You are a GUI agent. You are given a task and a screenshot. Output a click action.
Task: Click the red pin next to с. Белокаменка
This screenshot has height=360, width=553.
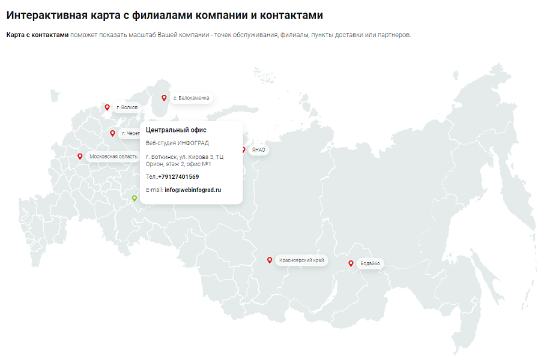(163, 97)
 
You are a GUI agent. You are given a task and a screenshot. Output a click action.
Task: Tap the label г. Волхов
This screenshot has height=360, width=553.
(127, 107)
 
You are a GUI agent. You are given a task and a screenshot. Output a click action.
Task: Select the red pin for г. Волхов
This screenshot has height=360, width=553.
(107, 107)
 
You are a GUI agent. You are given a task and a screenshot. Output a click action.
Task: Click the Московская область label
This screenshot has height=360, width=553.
(113, 157)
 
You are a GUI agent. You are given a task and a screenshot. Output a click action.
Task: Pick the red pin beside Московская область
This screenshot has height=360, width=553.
(80, 157)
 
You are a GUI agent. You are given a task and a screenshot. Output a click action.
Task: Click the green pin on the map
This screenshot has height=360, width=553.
(134, 198)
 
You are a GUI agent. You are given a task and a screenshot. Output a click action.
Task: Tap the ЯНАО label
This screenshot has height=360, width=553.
(259, 150)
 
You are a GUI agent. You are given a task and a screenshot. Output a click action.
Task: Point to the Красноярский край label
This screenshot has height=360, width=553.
(301, 260)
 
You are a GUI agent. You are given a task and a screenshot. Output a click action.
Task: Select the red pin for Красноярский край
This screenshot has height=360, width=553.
(270, 260)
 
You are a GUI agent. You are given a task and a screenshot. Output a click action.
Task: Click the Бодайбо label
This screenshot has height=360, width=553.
(369, 263)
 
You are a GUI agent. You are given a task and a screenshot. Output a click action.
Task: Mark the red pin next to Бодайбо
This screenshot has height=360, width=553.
(351, 263)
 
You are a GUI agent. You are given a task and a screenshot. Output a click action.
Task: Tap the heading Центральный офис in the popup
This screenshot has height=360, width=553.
(176, 130)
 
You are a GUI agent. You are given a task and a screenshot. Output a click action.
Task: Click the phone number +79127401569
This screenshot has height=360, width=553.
(178, 177)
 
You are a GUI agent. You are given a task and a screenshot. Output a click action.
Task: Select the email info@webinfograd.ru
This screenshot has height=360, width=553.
(193, 190)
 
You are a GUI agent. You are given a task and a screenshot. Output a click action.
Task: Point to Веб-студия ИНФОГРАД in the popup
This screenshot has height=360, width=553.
(177, 143)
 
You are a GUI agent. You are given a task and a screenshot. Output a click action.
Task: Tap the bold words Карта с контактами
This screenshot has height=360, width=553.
(37, 35)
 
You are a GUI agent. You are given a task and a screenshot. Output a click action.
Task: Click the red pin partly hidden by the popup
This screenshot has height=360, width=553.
(243, 149)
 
